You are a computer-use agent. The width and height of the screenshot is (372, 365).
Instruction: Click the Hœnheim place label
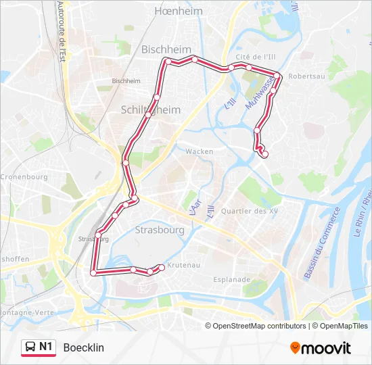pos(174,11)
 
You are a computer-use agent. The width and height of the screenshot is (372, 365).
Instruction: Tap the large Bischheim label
pos(163,49)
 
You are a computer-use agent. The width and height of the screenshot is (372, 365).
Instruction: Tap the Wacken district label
pos(200,151)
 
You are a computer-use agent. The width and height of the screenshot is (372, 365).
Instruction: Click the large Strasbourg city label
pos(160,230)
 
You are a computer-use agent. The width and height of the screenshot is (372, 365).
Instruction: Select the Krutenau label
pos(183,265)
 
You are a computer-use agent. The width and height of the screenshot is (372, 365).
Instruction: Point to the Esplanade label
pos(233,278)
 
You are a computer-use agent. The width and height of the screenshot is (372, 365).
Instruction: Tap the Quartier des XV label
pos(254,211)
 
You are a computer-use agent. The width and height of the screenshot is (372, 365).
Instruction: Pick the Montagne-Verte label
pos(26,312)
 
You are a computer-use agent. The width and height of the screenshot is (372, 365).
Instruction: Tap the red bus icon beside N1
pos(30,347)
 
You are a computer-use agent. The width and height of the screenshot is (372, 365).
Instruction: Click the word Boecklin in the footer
pos(83,348)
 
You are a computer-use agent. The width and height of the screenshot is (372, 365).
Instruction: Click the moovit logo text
pos(327,348)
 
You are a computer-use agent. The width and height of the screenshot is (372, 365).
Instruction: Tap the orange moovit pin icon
pos(295,348)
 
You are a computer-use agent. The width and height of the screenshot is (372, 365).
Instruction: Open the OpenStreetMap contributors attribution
pos(260,326)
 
